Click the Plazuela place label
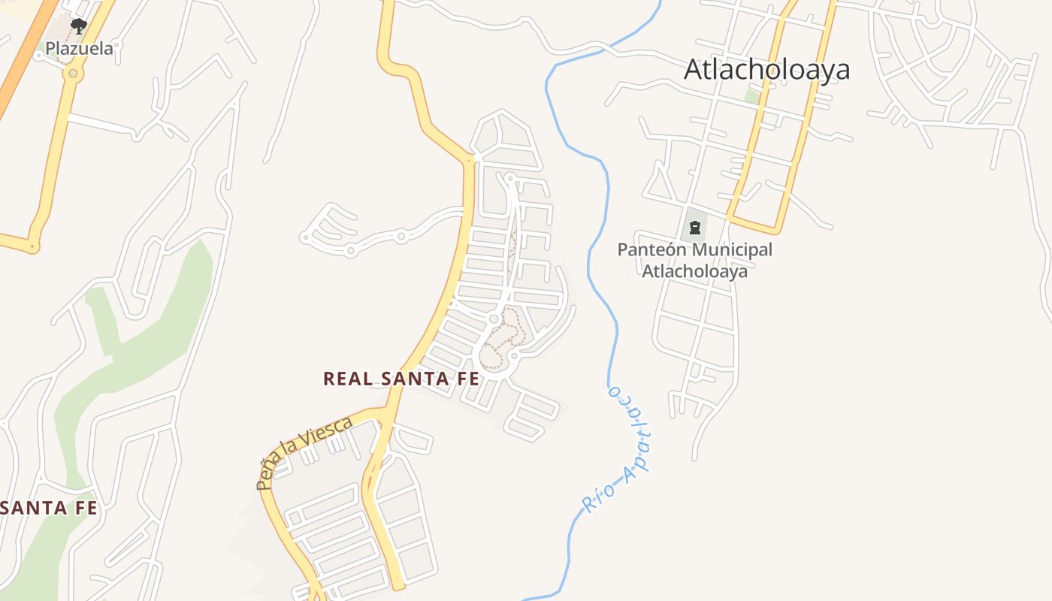coord(79,49)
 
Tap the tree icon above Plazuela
coord(78,26)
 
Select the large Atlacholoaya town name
coord(766,70)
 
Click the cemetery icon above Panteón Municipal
coord(695,226)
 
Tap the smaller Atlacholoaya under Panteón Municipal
coord(694,270)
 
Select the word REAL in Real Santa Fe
coord(348,379)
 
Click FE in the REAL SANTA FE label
coord(468,379)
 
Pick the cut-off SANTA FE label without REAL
coord(49,508)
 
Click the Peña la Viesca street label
coord(304,452)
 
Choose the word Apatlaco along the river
coord(632,436)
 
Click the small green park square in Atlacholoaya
coord(752,96)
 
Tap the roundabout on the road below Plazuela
coord(73,74)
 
